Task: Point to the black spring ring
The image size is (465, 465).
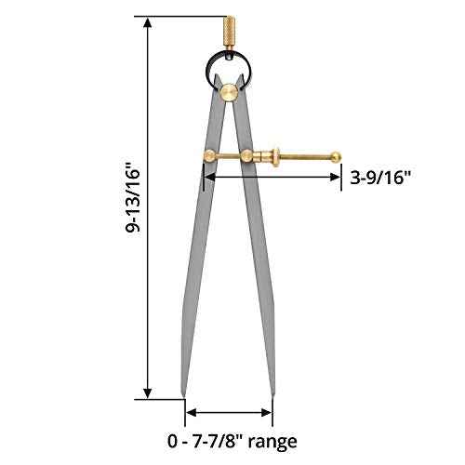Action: tap(229, 67)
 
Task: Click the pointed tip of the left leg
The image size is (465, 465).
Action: tap(184, 393)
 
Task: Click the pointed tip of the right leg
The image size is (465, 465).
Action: tap(272, 393)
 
